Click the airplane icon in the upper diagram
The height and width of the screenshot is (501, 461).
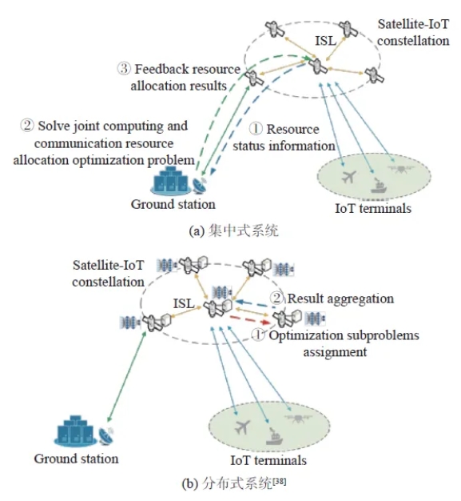tap(348, 176)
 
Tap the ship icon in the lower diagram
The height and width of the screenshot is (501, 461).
tap(274, 436)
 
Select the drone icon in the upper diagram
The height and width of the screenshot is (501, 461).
tap(401, 168)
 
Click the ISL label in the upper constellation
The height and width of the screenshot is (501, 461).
tap(326, 41)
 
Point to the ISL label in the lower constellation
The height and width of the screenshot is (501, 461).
tap(184, 303)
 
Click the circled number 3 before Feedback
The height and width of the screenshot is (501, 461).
tap(124, 69)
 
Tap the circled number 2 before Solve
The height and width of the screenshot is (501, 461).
tap(27, 125)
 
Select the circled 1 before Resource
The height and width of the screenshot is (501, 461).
tap(256, 129)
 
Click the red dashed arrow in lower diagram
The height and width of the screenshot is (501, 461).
tap(250, 320)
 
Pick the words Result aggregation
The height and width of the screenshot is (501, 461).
tap(340, 299)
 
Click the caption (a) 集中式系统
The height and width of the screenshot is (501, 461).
tap(233, 230)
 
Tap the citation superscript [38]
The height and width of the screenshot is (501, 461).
tap(280, 481)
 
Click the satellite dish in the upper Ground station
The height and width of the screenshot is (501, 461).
tap(200, 186)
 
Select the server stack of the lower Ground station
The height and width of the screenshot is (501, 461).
tap(75, 430)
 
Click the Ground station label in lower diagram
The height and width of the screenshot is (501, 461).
tap(76, 459)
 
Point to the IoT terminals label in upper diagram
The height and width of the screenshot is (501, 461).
tap(373, 208)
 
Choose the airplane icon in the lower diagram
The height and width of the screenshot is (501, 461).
tap(242, 427)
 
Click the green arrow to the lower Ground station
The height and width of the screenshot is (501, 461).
tap(127, 376)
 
